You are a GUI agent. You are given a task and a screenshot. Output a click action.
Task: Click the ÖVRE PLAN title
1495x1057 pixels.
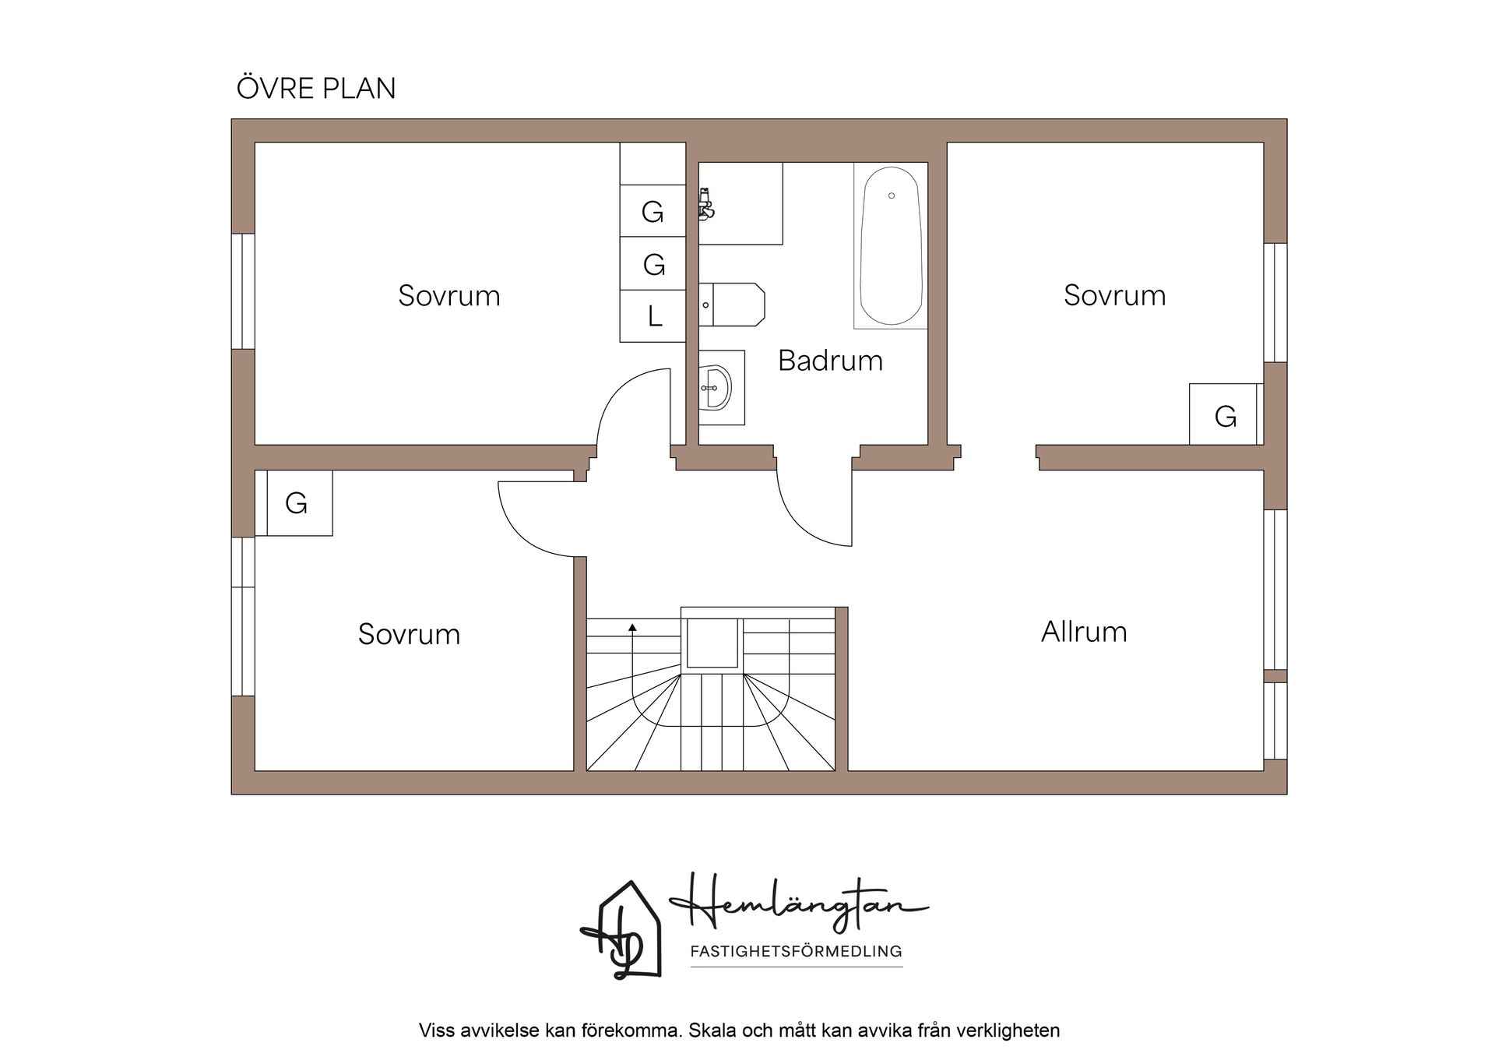316,88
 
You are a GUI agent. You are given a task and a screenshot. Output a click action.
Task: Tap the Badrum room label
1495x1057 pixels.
830,361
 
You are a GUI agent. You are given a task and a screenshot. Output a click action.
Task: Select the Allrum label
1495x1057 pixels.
1084,632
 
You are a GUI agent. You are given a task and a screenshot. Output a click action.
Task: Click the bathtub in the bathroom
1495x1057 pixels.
891,245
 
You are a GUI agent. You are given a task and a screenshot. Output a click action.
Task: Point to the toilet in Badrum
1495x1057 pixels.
732,305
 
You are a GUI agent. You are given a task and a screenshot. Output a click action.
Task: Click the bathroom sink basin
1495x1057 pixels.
715,387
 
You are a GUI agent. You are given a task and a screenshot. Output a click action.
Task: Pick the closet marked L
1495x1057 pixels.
653,316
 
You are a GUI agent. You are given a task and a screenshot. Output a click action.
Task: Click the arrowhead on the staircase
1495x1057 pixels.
632,626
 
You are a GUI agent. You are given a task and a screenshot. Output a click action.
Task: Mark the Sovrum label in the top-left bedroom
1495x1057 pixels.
449,296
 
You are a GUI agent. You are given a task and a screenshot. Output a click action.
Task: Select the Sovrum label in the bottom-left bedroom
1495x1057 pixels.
410,634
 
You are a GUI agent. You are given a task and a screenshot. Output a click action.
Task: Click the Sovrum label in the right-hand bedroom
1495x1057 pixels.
1115,296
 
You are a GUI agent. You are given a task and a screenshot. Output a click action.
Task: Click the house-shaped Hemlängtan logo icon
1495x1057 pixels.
621,930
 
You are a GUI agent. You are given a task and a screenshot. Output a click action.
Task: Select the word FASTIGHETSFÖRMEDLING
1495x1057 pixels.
797,951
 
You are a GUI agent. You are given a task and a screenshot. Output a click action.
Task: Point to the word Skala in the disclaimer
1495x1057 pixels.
712,1031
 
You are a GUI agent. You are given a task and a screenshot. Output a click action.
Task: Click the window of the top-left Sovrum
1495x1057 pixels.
244,291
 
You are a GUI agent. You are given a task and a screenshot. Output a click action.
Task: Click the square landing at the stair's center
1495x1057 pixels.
712,643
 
